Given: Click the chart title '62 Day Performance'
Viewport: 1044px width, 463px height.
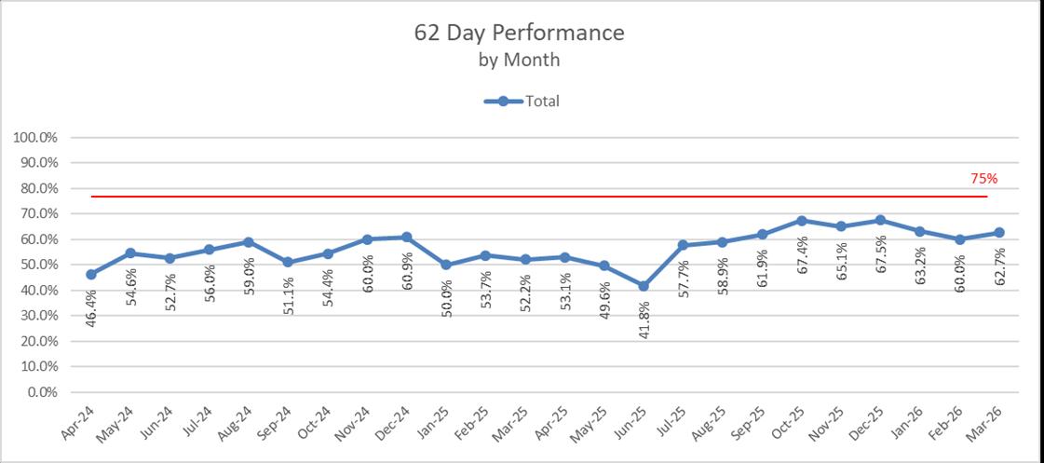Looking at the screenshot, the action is pyautogui.click(x=520, y=33).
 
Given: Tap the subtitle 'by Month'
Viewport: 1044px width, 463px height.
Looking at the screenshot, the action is pyautogui.click(x=520, y=60).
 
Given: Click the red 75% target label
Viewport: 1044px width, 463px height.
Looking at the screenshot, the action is pyautogui.click(x=984, y=179).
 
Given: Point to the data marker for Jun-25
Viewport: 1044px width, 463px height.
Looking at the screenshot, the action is pyautogui.click(x=644, y=286).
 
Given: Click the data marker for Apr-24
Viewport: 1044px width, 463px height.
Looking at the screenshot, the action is pyautogui.click(x=90, y=274).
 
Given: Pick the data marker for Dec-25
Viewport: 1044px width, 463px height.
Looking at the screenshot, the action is pyautogui.click(x=880, y=220).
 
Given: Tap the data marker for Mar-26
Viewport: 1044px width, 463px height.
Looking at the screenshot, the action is pyautogui.click(x=998, y=233).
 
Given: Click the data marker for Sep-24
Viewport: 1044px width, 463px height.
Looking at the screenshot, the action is pyautogui.click(x=288, y=262).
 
